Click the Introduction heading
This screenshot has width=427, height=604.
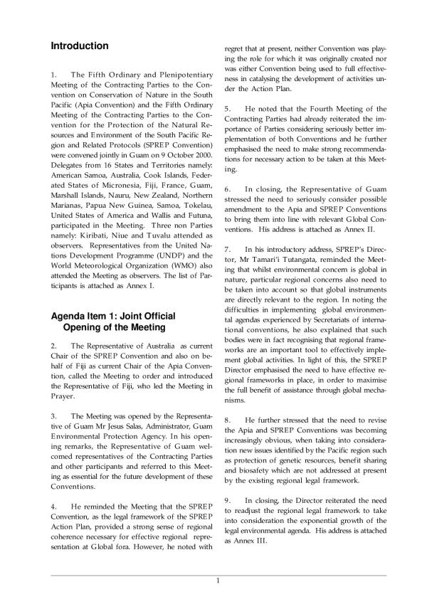coord(79,46)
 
